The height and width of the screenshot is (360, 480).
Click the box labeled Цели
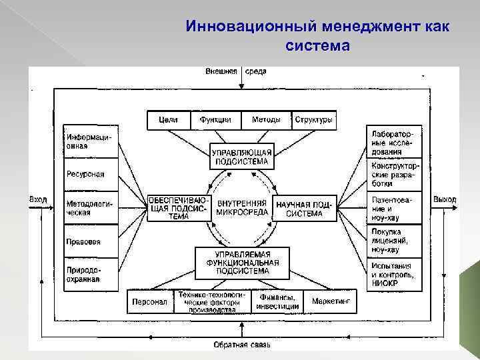coord(168,120)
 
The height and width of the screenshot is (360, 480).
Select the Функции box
coord(215,120)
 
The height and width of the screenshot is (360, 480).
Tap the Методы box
coord(266,120)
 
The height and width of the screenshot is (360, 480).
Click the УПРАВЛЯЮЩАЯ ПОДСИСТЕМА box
coord(241,157)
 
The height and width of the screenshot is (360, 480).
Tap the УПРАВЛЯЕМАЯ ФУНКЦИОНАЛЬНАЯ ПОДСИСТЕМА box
coord(242,263)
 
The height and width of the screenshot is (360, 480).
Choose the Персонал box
coord(149,301)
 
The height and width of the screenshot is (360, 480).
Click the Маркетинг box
coord(331,301)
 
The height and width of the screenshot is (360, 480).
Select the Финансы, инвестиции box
coord(278,301)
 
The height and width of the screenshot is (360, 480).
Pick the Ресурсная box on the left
coord(90,175)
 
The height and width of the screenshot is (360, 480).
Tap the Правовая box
coord(90,241)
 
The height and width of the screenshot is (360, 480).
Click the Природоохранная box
coord(90,274)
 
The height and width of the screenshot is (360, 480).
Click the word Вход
coord(37,199)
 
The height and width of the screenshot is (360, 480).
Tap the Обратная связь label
coord(242,345)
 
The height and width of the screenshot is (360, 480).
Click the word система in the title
coord(317,47)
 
